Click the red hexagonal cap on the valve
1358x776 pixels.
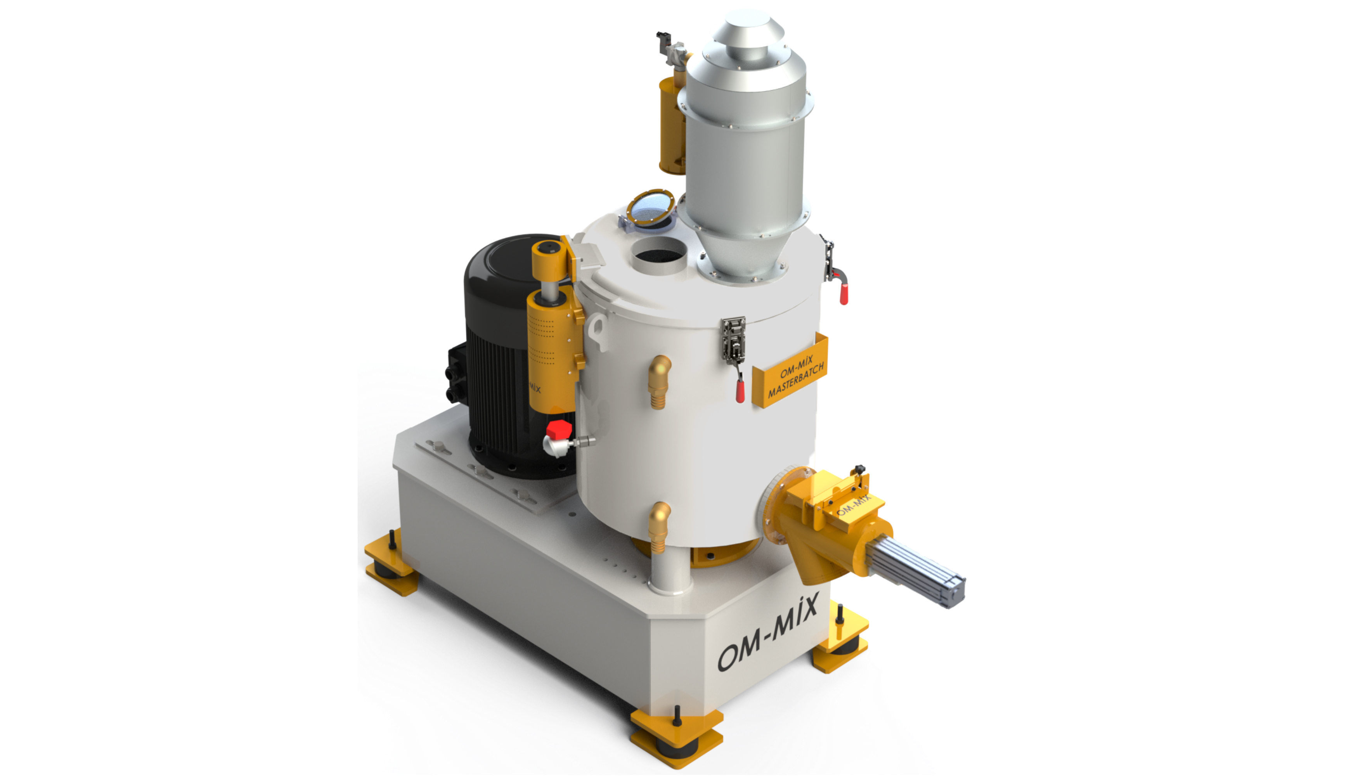(559, 430)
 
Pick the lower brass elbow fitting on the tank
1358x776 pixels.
(660, 528)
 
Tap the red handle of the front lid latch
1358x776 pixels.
(740, 388)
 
